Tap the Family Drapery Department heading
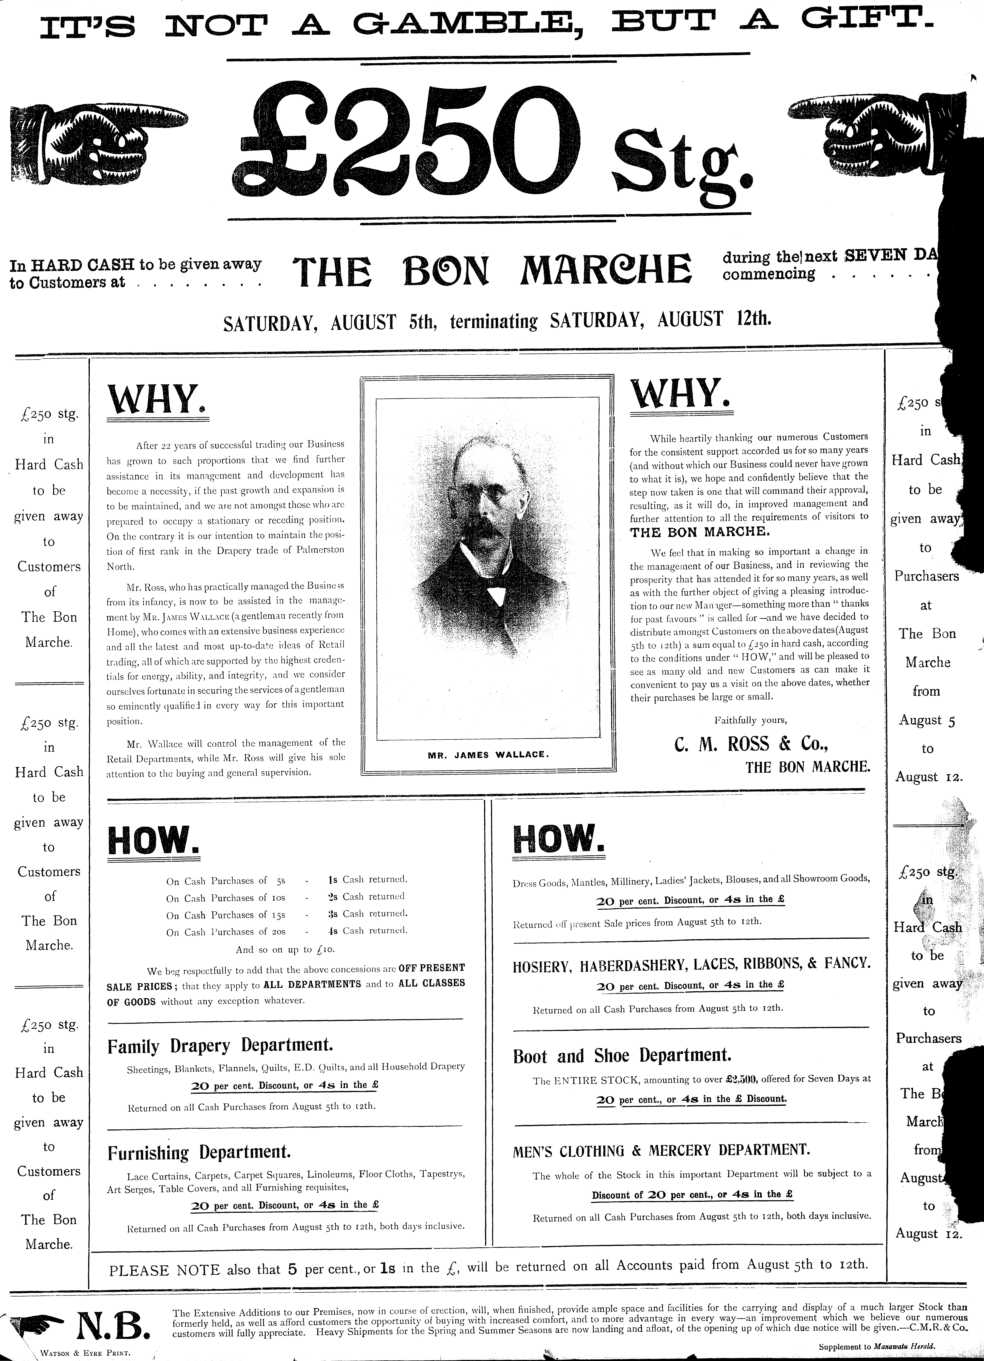[220, 1046]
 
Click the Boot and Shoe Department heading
[622, 1056]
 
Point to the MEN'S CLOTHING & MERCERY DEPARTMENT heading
[661, 1150]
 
